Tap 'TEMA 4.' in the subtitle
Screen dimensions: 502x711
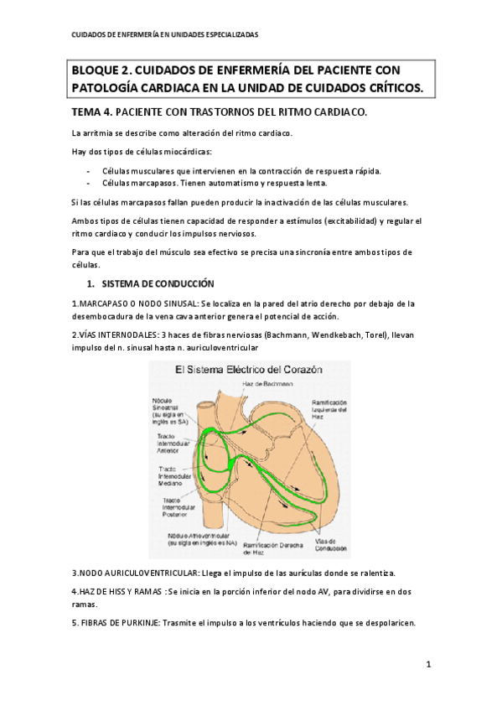coord(91,112)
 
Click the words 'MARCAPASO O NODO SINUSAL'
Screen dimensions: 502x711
coord(134,304)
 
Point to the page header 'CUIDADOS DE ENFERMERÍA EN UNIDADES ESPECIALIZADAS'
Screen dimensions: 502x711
coord(164,35)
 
